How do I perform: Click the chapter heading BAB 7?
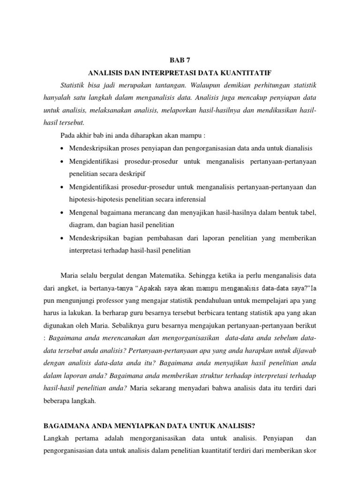(180, 60)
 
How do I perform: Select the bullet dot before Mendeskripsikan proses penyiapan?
(63, 149)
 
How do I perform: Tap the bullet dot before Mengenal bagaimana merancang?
(63, 213)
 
